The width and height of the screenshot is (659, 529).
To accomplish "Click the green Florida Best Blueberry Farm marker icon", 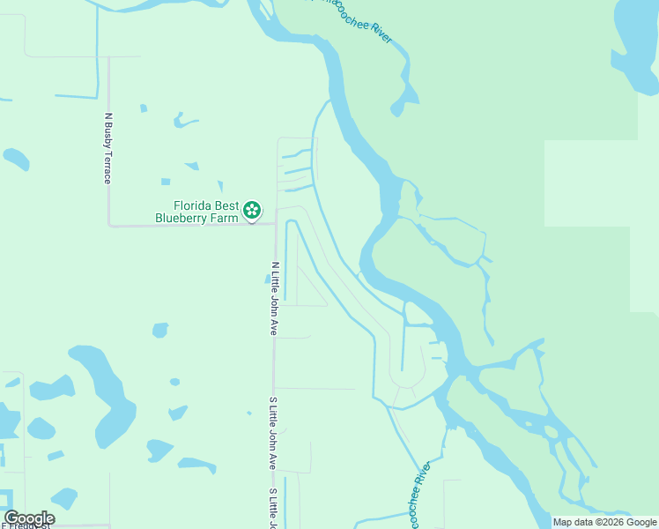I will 252,210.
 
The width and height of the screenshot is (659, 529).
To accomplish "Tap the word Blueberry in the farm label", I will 186,218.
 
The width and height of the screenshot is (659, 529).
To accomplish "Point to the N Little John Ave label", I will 274,298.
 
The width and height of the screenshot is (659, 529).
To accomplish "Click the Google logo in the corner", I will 29,518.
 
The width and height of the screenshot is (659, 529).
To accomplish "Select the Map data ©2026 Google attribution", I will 605,522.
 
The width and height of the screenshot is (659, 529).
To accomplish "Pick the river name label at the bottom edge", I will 419,494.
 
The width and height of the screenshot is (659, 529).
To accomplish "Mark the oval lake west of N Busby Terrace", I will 16,160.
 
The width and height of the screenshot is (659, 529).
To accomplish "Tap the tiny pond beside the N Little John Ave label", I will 267,279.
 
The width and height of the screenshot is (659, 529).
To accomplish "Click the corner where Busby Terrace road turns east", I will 109,226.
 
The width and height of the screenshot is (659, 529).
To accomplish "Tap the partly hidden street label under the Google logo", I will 26,525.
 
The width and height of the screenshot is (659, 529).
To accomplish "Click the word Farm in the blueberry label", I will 226,218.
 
